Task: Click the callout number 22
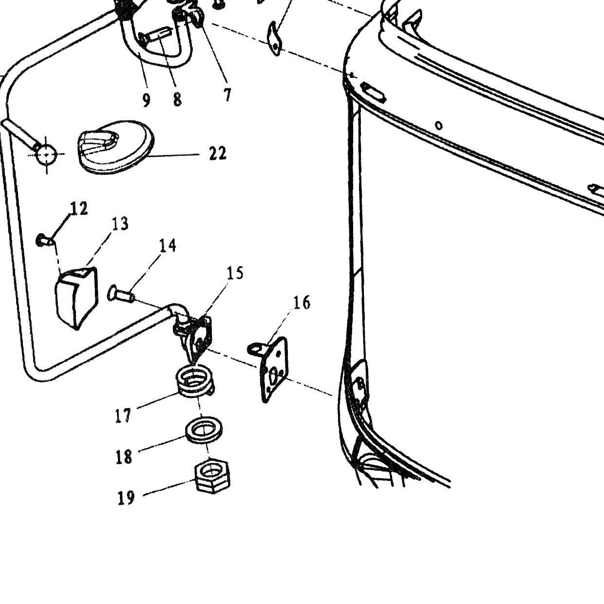tap(218, 153)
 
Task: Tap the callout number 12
tap(79, 208)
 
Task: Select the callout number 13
tap(120, 224)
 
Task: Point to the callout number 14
tap(168, 245)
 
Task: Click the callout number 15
tap(235, 273)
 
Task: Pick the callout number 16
tap(302, 302)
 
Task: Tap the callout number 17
tap(123, 416)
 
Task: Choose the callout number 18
tap(124, 457)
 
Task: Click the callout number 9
tap(146, 100)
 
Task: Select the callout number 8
tap(177, 99)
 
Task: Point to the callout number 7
tap(227, 94)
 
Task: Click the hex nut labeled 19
tap(212, 477)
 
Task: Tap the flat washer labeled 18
tap(204, 430)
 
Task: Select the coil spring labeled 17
tap(194, 382)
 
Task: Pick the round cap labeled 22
tap(115, 147)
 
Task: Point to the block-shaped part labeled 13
tap(76, 298)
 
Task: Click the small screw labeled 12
tap(45, 240)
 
